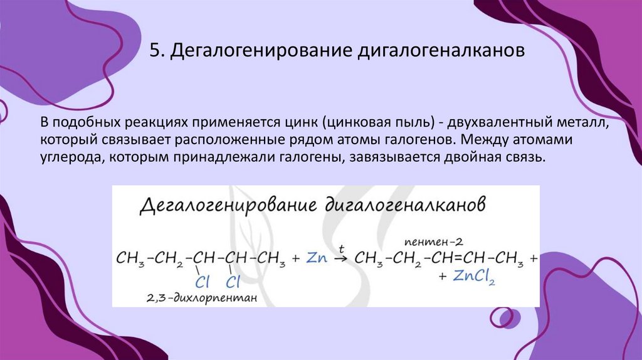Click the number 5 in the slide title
(154, 51)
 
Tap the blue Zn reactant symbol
(318, 258)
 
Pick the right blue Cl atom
(234, 280)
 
